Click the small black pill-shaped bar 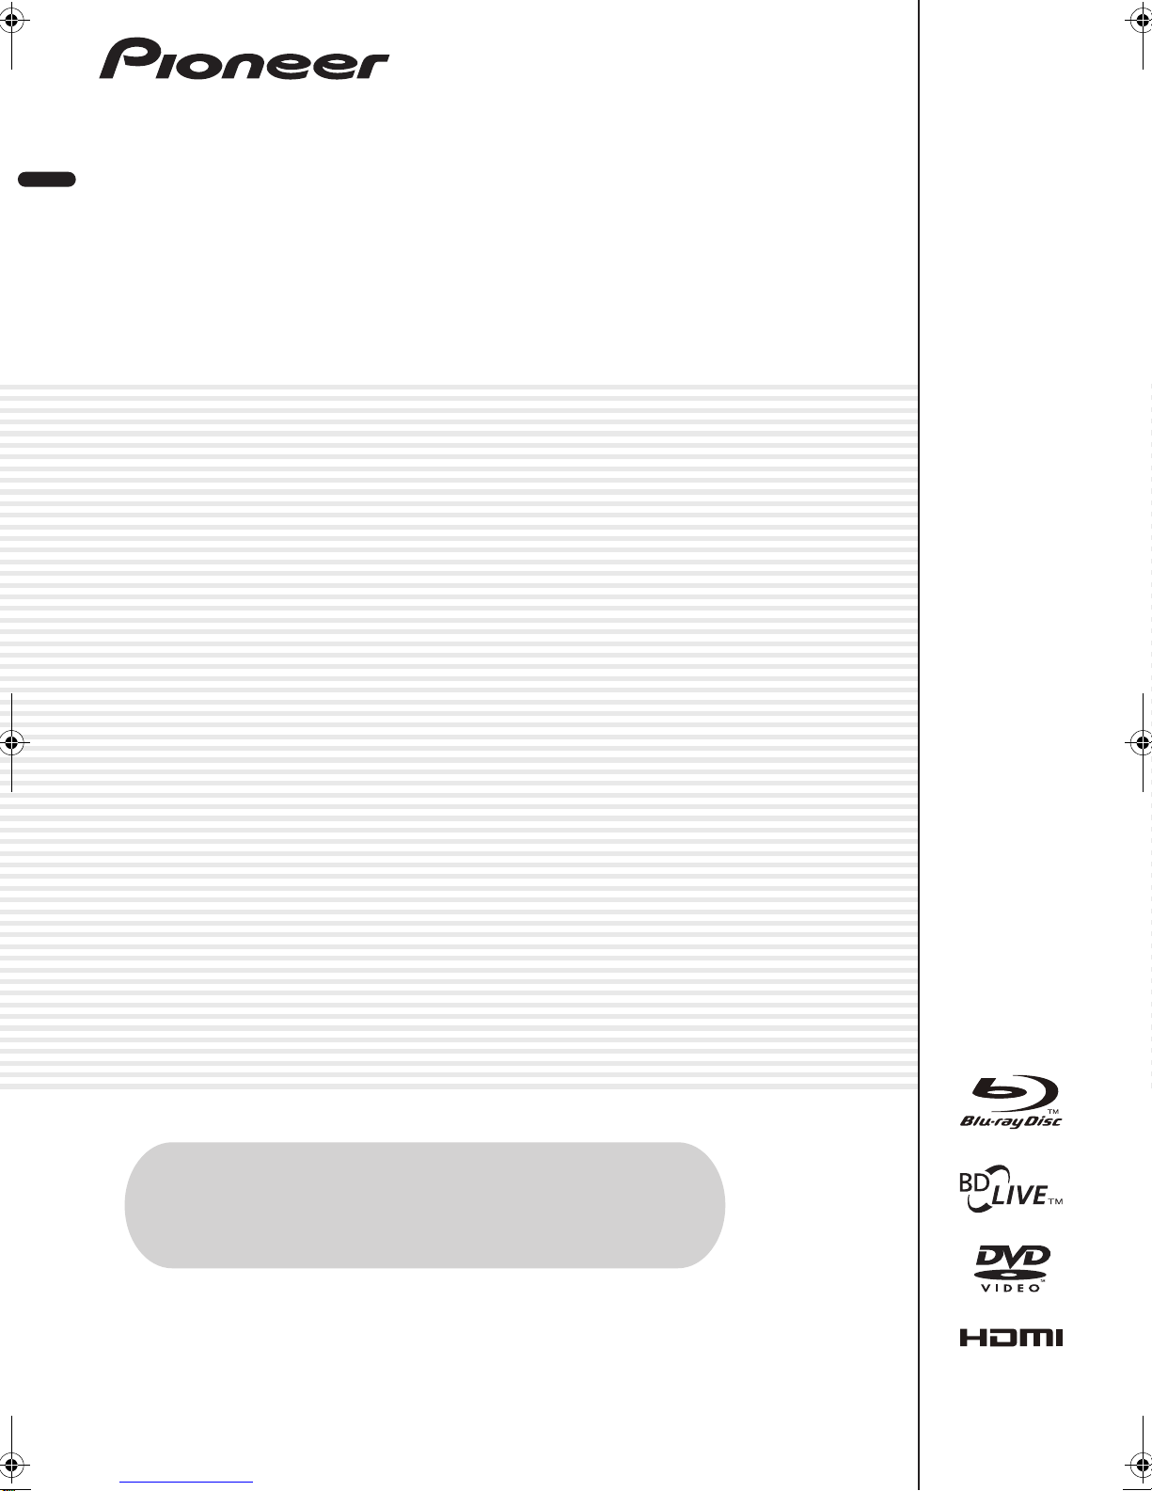[x=47, y=179]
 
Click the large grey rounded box [x=424, y=1205]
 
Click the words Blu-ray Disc [x=1011, y=1121]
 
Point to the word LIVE [x=1019, y=1196]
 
